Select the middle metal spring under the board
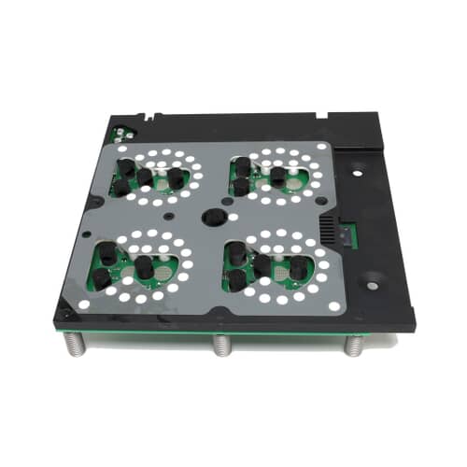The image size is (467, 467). [220, 346]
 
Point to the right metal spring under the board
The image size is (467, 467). [353, 346]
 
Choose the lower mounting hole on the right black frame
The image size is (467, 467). [373, 277]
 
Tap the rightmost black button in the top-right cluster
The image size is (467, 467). [301, 178]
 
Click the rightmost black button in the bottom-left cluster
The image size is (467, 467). [145, 267]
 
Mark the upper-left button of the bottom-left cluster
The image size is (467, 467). [107, 252]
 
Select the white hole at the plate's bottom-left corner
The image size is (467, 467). [82, 304]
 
